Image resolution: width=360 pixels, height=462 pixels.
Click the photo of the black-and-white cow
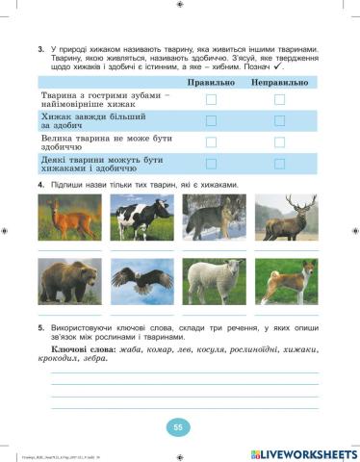pos(142,218)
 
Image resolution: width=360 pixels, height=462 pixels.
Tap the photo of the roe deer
pos(69,218)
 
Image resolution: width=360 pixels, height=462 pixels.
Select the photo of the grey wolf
pos(215,218)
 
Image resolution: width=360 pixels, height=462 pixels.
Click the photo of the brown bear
pos(69,281)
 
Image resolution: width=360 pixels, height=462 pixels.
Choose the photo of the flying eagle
pos(142,281)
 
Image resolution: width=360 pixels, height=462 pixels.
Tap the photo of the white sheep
pos(215,281)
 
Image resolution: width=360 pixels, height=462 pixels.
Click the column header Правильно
pos(212,84)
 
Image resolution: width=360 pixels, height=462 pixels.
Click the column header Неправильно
pos(280,84)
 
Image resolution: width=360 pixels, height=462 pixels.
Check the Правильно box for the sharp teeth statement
pos(212,100)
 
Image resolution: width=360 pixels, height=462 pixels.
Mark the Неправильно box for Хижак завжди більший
pos(280,121)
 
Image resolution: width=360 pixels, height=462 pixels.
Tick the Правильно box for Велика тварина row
pos(212,142)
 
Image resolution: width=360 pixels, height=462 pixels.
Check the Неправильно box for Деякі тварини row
pos(280,164)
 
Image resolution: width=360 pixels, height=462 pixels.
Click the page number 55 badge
pos(179,426)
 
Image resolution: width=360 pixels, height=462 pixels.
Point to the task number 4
pos(40,184)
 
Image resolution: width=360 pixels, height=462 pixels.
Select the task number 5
pos(40,328)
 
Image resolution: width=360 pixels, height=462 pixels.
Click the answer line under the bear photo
pos(69,314)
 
